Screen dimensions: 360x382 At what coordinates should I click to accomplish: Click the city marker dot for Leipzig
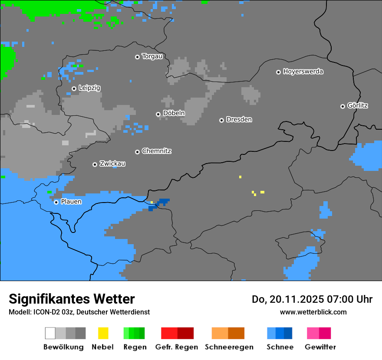(74, 88)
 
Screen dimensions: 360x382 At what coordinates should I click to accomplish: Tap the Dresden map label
(239, 119)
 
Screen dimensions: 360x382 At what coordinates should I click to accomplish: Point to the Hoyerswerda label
(303, 72)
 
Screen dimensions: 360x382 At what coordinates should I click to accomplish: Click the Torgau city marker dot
(138, 57)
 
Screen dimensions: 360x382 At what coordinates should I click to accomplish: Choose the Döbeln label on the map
(174, 113)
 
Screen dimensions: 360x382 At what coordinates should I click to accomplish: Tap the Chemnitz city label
(156, 151)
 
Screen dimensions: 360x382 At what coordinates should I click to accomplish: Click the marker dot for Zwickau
(95, 164)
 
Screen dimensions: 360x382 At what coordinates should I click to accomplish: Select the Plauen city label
(71, 202)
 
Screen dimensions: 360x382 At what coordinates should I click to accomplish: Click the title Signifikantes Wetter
(72, 299)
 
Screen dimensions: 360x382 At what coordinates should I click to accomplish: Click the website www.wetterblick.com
(313, 312)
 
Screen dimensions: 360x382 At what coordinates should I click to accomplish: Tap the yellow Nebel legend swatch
(103, 333)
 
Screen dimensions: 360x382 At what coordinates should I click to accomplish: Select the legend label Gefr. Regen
(177, 347)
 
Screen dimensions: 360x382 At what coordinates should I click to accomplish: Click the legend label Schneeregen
(229, 347)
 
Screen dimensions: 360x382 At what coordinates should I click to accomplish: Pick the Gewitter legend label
(320, 347)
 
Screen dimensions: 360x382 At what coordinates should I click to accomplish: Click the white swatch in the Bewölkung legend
(50, 333)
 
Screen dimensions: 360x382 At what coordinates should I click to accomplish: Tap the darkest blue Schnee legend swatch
(288, 333)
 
